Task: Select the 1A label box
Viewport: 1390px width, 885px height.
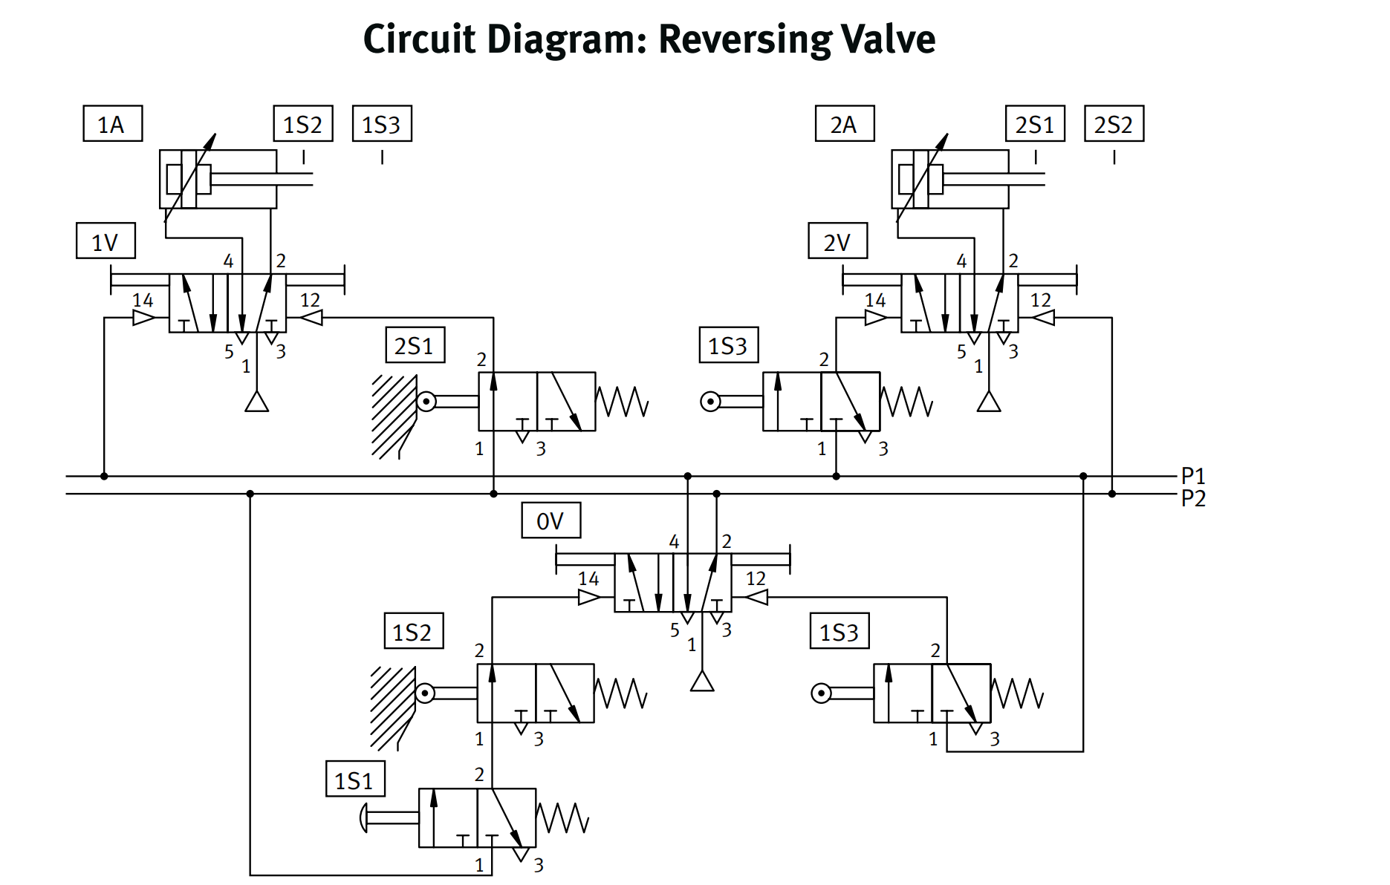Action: (112, 124)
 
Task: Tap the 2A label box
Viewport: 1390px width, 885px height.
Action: (844, 124)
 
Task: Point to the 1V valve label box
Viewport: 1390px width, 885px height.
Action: (105, 241)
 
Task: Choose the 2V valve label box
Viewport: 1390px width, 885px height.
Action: (837, 241)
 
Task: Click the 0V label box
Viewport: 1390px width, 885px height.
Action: (551, 520)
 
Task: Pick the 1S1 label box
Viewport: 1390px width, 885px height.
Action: (355, 780)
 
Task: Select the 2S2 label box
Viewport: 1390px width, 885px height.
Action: (1114, 124)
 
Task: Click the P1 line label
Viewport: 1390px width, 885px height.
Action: (1193, 475)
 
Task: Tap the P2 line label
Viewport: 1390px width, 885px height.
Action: (1193, 498)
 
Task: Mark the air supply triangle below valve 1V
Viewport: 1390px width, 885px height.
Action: (256, 402)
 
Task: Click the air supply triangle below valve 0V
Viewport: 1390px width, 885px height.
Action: (701, 682)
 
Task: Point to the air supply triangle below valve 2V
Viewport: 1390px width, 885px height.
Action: (988, 402)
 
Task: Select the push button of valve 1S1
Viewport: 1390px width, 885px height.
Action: (363, 818)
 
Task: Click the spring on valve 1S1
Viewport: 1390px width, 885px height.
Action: (562, 818)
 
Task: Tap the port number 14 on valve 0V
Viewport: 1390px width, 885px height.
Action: (588, 578)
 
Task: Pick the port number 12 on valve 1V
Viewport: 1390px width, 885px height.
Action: (310, 300)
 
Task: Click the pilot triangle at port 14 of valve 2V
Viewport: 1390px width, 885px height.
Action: (876, 318)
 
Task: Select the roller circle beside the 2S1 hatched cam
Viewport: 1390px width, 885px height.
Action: (426, 402)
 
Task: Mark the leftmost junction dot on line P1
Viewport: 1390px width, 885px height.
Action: (104, 476)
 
